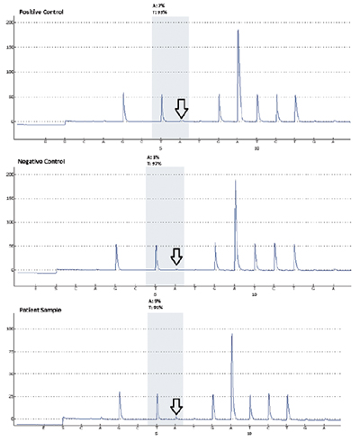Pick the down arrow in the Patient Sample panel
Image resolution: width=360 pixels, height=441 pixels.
(176, 407)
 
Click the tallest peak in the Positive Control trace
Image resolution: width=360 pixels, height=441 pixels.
(238, 32)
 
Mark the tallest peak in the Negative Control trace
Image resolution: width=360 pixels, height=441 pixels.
(236, 182)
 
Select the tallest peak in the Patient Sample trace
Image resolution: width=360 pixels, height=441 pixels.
(232, 336)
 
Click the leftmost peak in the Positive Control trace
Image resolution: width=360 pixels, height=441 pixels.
(124, 94)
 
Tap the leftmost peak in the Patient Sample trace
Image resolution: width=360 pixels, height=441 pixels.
(120, 393)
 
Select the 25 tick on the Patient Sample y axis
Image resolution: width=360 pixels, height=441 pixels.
(10, 396)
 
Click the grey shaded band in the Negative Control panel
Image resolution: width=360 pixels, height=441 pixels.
(165, 216)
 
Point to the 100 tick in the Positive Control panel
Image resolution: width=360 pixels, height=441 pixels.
(9, 71)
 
